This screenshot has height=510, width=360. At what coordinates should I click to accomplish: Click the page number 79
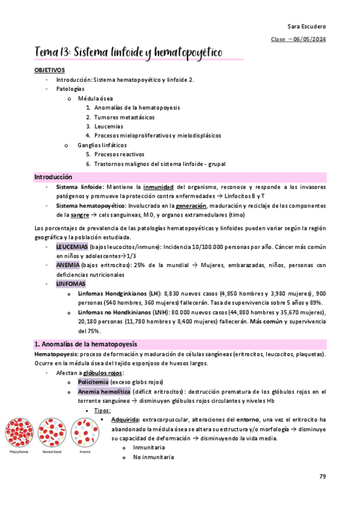[x=323, y=476]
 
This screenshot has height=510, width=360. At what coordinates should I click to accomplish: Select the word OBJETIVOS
[x=49, y=70]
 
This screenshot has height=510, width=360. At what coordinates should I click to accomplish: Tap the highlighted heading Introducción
[x=53, y=177]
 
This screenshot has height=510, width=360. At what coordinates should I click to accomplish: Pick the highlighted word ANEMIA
[x=67, y=265]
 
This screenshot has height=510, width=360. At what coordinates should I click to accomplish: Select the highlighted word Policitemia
[x=96, y=382]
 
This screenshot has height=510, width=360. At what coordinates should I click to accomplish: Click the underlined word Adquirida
[x=126, y=419]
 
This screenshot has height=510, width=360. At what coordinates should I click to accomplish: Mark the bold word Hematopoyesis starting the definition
[x=53, y=355]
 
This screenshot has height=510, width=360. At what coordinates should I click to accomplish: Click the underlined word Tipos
[x=102, y=410]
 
